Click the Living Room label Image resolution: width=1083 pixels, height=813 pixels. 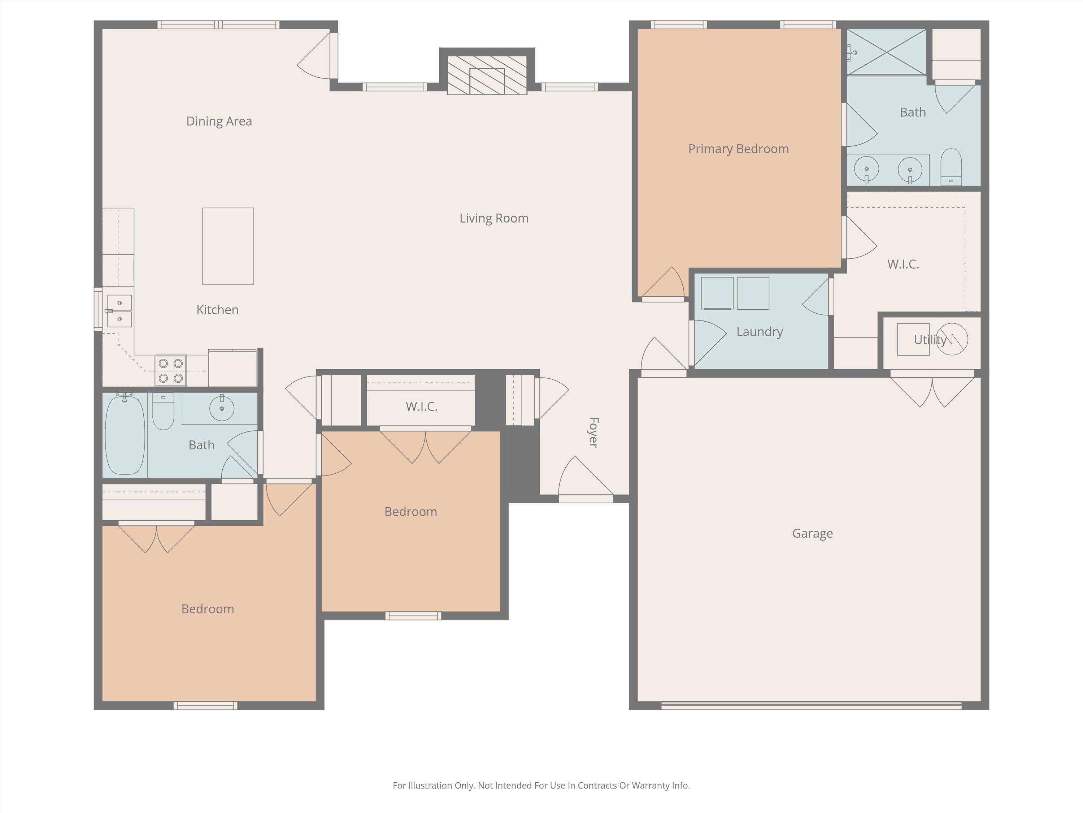(x=493, y=218)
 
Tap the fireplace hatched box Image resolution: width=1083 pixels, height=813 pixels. (x=487, y=75)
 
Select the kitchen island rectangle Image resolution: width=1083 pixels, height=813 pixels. (x=228, y=246)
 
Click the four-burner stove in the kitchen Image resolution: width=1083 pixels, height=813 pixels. (x=170, y=370)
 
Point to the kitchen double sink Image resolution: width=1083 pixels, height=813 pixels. (x=119, y=311)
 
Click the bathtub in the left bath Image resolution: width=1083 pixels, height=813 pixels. (x=125, y=435)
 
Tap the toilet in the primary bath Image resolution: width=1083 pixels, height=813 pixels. (x=951, y=167)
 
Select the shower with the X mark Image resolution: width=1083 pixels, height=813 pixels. (x=886, y=52)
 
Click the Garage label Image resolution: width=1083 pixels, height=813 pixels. (x=812, y=533)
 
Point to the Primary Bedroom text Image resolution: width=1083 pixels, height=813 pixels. (x=738, y=149)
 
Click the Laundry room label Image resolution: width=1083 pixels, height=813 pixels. (x=760, y=332)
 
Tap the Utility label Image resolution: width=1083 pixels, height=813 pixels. (x=929, y=340)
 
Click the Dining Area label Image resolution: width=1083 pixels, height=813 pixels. (x=219, y=121)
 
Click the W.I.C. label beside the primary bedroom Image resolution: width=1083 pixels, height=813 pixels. (x=903, y=264)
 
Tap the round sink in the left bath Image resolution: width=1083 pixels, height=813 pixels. (x=221, y=408)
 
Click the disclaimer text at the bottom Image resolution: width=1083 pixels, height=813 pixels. (x=541, y=785)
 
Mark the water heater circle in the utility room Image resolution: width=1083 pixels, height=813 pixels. (x=952, y=339)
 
